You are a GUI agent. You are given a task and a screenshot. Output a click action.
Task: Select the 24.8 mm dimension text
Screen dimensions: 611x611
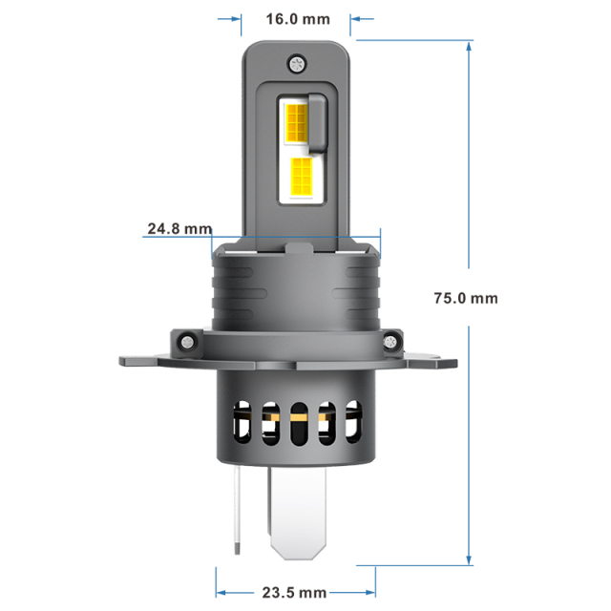point(179,229)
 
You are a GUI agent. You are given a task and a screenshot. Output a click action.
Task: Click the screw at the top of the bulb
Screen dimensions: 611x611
point(296,64)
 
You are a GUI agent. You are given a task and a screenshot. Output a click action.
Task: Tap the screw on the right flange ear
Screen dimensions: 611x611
point(395,340)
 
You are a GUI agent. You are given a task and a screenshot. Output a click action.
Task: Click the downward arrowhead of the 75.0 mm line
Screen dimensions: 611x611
point(470,561)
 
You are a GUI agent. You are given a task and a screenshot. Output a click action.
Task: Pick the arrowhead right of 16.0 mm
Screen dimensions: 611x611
point(357,18)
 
